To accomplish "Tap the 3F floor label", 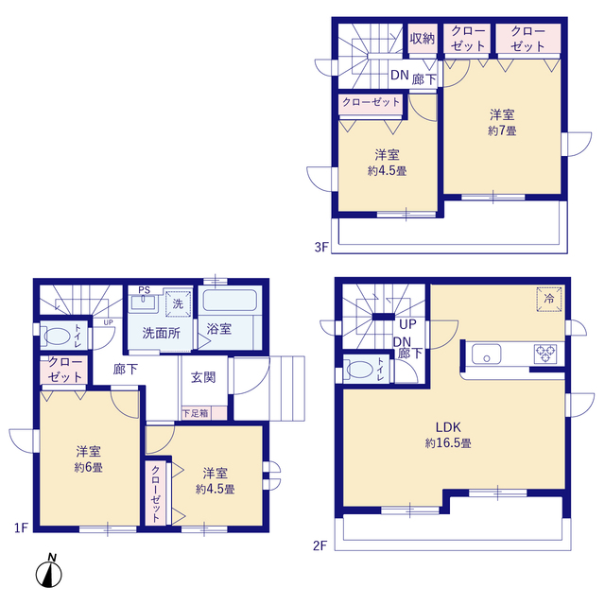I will point(320,249).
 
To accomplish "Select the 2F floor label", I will point(322,544).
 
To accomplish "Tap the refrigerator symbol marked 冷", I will point(550,298).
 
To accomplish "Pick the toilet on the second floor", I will point(360,370).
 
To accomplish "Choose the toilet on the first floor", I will point(57,336).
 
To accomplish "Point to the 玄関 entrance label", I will point(203,378).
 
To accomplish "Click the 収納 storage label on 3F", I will point(422,39).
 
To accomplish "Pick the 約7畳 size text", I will point(501,130).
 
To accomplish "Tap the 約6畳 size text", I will point(90,467).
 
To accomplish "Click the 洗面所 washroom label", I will point(162,333).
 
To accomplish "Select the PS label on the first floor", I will point(144,290).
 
